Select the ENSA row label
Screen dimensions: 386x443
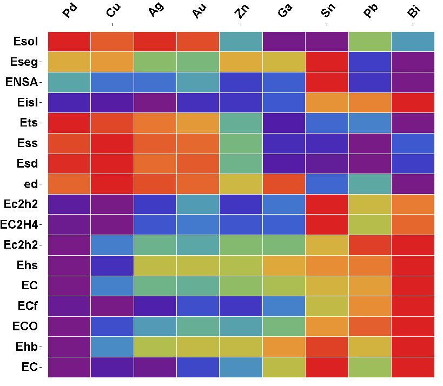[x=22, y=82]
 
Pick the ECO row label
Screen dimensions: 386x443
[x=25, y=326]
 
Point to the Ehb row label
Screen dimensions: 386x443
[x=25, y=347]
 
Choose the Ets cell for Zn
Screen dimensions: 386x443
[x=241, y=123]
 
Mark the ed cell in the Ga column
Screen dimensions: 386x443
[x=284, y=184]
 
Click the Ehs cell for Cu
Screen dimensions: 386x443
[x=113, y=265]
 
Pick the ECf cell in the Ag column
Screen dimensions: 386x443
[x=155, y=306]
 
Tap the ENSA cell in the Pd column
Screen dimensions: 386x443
[x=70, y=82]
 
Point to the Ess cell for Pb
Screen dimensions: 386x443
[x=370, y=143]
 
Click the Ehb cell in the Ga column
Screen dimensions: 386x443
[x=284, y=347]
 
